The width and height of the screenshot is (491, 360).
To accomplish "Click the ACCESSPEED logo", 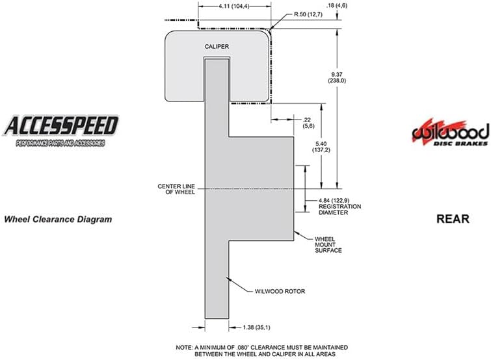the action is tap(60, 131).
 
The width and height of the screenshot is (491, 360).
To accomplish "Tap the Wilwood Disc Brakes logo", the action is tap(450, 133).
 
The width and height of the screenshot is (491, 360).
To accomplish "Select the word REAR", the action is tap(453, 218).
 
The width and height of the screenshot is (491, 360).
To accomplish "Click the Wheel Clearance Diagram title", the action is tap(58, 219).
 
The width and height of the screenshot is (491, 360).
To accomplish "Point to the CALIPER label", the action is tap(217, 47).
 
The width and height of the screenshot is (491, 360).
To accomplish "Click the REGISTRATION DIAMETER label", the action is tap(339, 209).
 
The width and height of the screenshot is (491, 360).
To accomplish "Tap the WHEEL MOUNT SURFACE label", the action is tap(328, 244).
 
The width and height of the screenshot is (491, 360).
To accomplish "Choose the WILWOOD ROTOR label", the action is tap(280, 291).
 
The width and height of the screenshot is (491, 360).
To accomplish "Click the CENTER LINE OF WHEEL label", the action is tap(176, 189).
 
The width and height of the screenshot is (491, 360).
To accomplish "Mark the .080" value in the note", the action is tap(243, 348).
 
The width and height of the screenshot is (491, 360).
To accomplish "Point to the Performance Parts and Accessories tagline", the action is tap(60, 143).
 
